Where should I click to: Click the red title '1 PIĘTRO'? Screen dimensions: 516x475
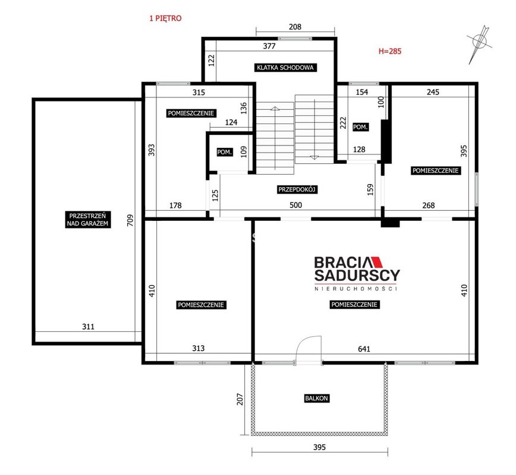click(x=165, y=18)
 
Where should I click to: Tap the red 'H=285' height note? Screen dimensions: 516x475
click(x=389, y=51)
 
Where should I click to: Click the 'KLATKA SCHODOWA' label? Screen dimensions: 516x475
click(x=285, y=68)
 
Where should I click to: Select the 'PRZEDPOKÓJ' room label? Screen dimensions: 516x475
click(x=297, y=189)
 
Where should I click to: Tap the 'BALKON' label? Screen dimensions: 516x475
click(x=316, y=398)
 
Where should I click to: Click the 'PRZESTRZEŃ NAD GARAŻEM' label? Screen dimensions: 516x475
click(x=87, y=220)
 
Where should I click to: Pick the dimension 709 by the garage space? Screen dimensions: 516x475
click(x=130, y=220)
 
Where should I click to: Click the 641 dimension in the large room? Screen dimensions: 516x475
click(x=364, y=349)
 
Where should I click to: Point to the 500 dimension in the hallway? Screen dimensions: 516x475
click(x=295, y=205)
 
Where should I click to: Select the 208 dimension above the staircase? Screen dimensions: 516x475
click(x=295, y=27)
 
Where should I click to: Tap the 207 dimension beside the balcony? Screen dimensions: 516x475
click(x=240, y=399)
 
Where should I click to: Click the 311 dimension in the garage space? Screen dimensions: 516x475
click(x=88, y=327)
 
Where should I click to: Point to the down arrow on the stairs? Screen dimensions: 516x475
click(x=314, y=157)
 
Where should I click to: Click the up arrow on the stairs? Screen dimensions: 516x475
click(x=275, y=108)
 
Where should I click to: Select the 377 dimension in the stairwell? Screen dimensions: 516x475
click(x=269, y=46)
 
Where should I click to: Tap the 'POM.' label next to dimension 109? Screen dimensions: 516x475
click(x=225, y=152)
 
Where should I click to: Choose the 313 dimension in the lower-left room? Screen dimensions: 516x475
click(x=198, y=348)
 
